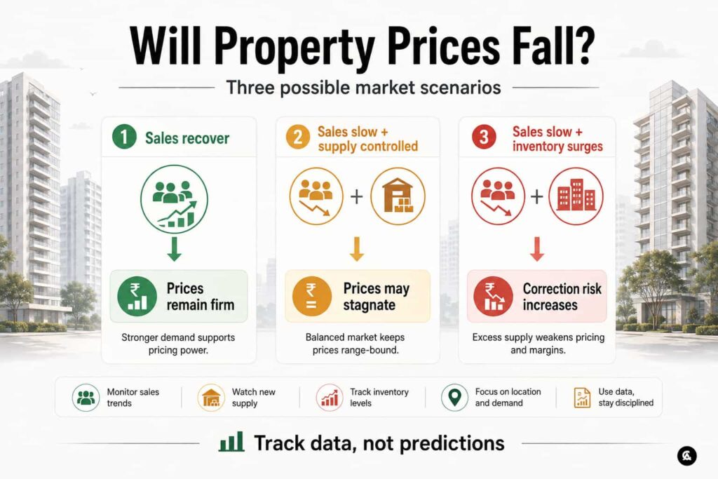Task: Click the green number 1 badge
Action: point(124,137)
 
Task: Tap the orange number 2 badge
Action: point(297,137)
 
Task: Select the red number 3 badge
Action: point(484,137)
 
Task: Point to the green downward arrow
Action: point(174,249)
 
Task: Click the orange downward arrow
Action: point(357,249)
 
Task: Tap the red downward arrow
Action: point(537,249)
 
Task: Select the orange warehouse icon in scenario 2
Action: point(398,196)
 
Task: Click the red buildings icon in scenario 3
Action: point(576,196)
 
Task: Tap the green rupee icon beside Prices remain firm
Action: point(137,296)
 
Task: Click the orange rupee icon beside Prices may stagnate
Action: point(311,296)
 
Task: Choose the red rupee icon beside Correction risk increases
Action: point(493,296)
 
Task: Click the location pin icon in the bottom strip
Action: point(454,397)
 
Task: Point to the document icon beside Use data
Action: point(582,397)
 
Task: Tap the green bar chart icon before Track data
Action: point(231,442)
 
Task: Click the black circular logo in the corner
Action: point(687,456)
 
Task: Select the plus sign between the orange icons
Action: point(356,196)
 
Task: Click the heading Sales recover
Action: point(187,138)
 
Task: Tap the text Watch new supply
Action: point(254,398)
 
